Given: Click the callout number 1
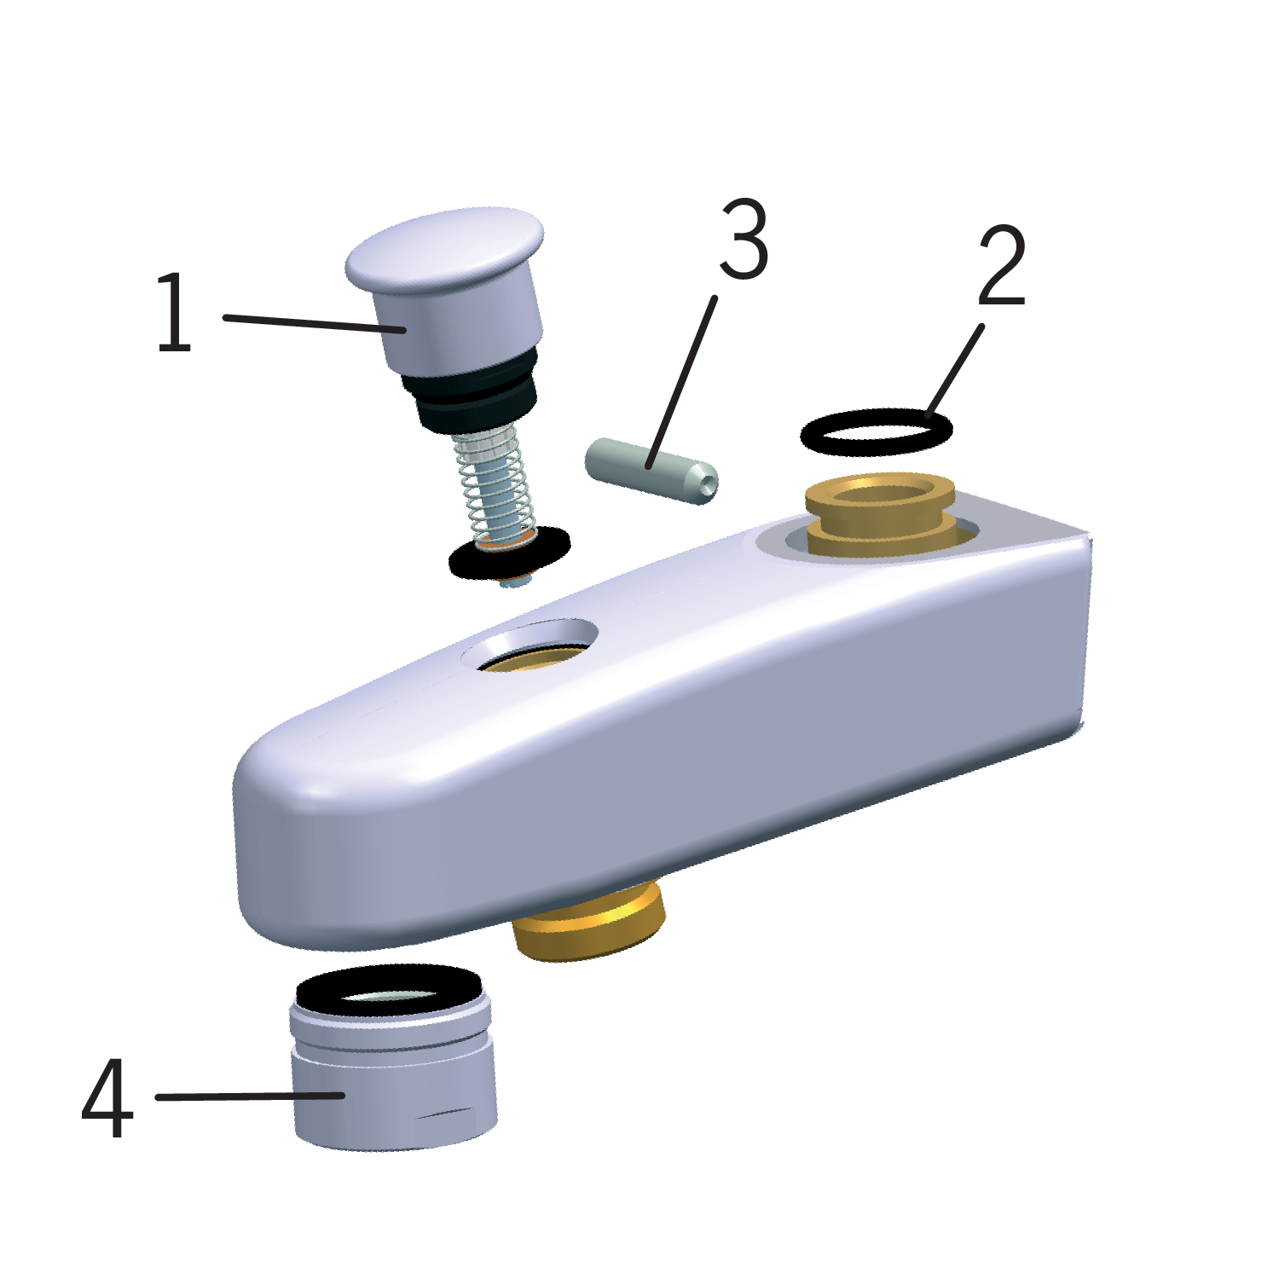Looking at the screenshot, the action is coord(175,312).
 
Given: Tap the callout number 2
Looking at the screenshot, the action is coord(1001,266).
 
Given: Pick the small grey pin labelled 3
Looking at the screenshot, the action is coord(651,471).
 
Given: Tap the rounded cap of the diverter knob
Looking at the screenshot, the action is coord(444,248).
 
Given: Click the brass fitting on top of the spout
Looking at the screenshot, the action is coord(880,517).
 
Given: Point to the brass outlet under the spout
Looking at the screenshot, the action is coord(589,923).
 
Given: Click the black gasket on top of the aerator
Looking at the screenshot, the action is coord(389,992).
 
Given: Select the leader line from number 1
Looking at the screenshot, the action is coord(314,323).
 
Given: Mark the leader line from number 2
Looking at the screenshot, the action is coord(956,369).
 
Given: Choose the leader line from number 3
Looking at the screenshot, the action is coord(681,382).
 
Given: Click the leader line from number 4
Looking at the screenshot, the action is coord(250,1097).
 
